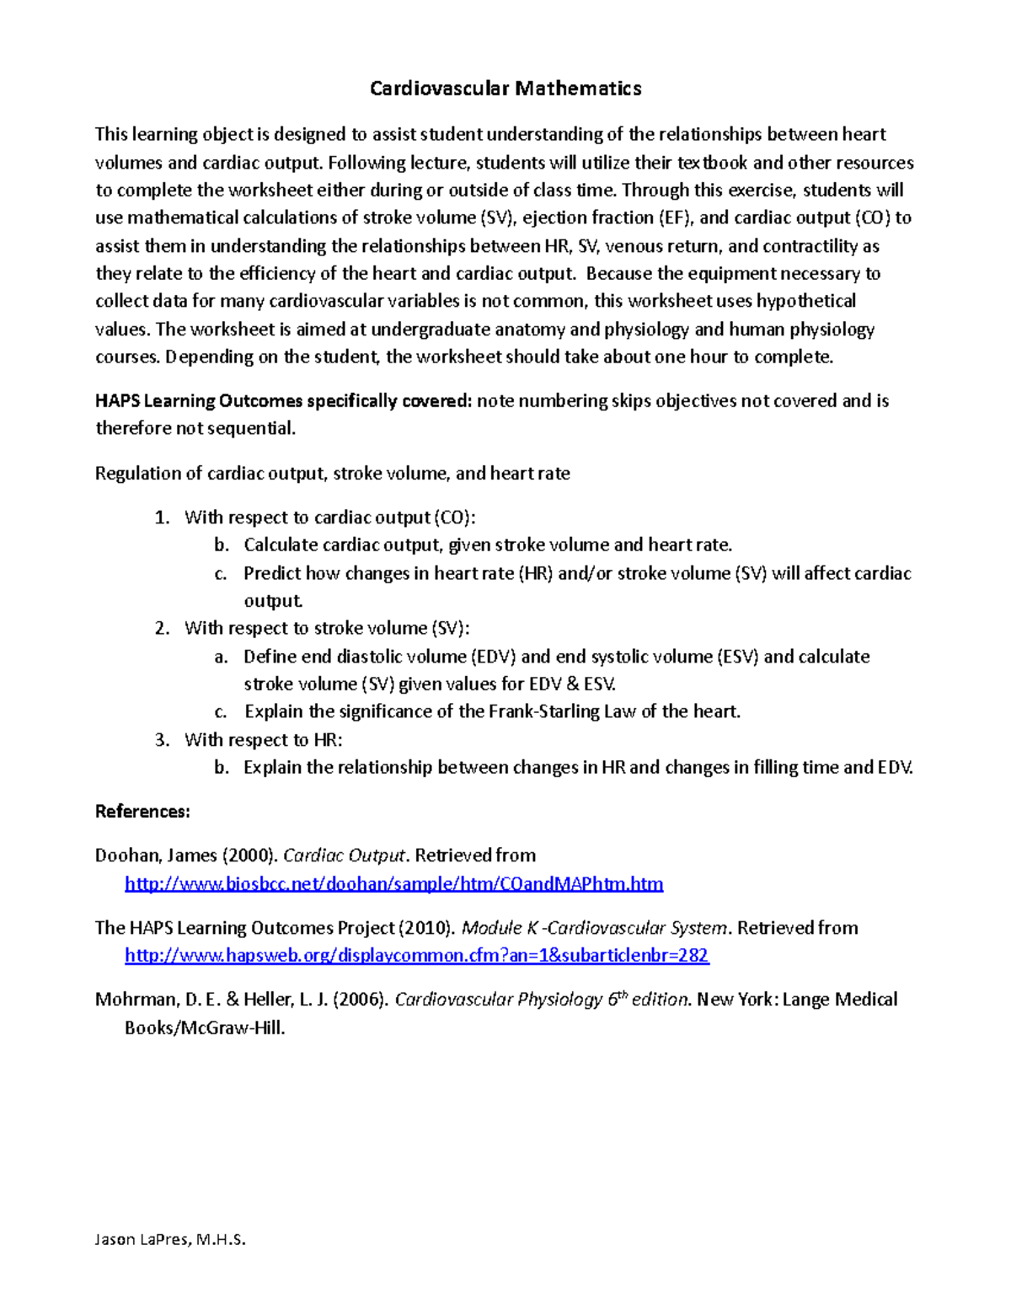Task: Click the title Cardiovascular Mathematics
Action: (505, 89)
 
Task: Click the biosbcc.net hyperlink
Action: (393, 883)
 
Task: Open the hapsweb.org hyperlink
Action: (416, 955)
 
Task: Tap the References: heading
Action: (142, 812)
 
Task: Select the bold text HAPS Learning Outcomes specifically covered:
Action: (283, 400)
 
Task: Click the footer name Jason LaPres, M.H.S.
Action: (170, 1239)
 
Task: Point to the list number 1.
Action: (162, 518)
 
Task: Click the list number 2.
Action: (162, 628)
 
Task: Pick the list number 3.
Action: (162, 740)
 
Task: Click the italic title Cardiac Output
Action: (345, 856)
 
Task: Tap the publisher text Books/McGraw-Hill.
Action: (205, 1027)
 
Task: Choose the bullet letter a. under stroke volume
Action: (221, 657)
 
